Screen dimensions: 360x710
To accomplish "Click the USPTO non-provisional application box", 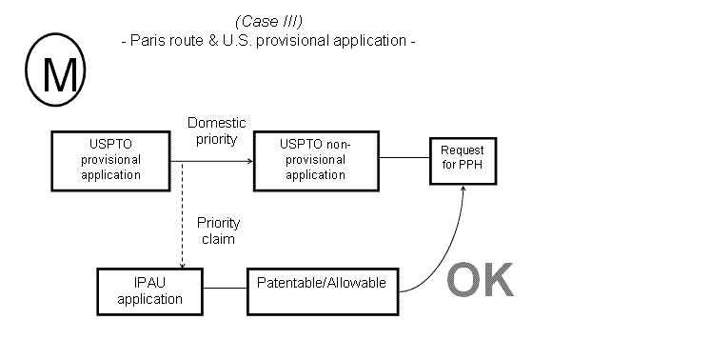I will (x=315, y=160).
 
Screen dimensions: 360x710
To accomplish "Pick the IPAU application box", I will (x=149, y=291).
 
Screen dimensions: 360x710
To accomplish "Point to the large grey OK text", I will (x=480, y=280).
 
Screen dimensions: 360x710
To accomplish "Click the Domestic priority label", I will (x=217, y=130).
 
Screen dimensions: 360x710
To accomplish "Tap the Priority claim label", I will (x=218, y=230).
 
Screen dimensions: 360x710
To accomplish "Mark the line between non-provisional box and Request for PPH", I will (x=404, y=159).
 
